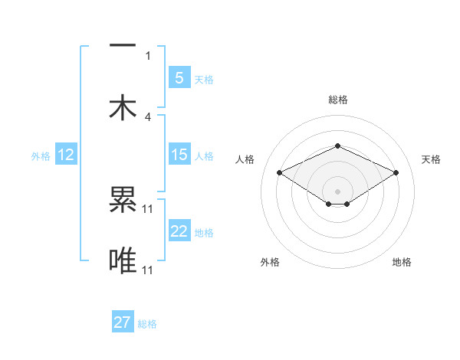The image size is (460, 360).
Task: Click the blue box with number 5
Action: [179, 78]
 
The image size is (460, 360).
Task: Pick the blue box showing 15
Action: [179, 155]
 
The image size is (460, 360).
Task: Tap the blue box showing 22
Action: [179, 231]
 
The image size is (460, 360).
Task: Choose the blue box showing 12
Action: [66, 155]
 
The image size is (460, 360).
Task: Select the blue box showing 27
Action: [123, 322]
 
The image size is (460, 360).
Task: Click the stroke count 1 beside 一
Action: [148, 55]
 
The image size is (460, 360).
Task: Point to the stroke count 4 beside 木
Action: [148, 116]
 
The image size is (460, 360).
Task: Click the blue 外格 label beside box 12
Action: [41, 155]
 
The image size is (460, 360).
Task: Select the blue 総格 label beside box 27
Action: [147, 324]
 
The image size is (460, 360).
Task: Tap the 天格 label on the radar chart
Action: [431, 159]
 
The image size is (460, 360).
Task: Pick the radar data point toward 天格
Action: [396, 173]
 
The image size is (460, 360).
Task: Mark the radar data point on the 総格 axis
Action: [337, 146]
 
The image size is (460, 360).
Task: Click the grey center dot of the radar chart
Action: [337, 191]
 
